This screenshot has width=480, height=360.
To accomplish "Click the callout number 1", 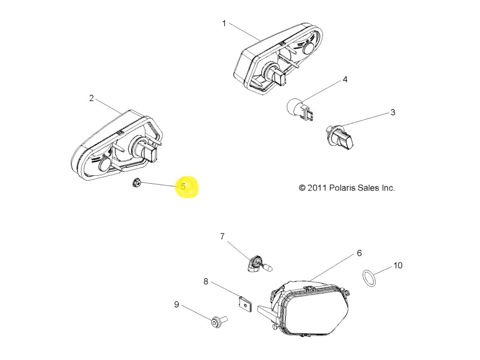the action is tap(224, 23).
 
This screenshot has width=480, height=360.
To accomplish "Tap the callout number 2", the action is tap(91, 98).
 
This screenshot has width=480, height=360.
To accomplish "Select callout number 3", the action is tap(393, 112).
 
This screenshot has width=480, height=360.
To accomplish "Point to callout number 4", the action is tap(345, 80).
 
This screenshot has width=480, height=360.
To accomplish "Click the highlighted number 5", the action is tap(183, 187).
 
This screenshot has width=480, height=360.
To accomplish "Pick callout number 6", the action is tap(359, 253).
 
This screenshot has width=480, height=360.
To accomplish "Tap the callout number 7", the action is tap(222, 236).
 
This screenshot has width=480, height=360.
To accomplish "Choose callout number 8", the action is tap(205, 281).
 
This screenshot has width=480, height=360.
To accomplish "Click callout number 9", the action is tap(176, 305).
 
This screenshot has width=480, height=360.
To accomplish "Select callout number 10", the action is tap(397, 265).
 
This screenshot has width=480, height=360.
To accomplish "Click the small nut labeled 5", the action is tap(137, 182).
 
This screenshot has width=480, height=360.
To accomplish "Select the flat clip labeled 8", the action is tap(245, 304).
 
